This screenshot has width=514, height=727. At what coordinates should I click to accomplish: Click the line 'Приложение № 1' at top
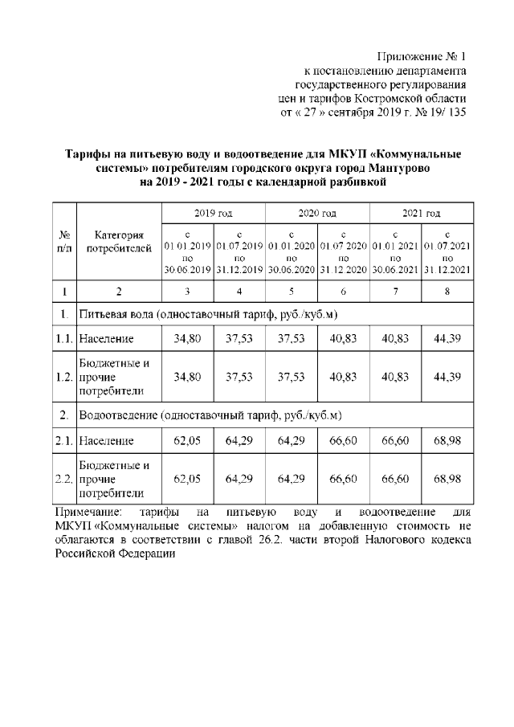[x=421, y=56]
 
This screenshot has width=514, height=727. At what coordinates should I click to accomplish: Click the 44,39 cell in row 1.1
[x=447, y=339]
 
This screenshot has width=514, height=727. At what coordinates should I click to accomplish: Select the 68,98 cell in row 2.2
[x=447, y=479]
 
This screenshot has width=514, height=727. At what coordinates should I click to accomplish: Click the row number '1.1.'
[x=64, y=339]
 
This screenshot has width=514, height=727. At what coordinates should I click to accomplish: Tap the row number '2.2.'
[x=64, y=479]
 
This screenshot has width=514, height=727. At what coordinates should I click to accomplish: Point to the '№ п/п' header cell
[x=64, y=242]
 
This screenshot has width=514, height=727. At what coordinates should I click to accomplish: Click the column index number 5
[x=291, y=291]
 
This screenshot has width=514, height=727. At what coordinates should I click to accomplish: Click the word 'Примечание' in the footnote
[x=85, y=512]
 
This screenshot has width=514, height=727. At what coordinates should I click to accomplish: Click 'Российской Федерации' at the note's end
[x=115, y=554]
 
